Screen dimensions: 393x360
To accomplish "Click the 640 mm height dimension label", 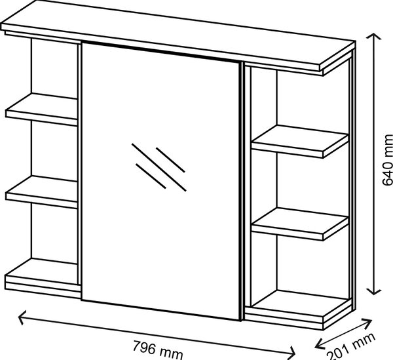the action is coord(388,160).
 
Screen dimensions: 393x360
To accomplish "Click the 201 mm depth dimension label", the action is coord(351,348).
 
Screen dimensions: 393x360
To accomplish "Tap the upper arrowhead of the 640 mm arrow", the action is coord(374,36).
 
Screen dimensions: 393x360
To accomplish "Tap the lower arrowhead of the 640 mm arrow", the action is coord(374,291).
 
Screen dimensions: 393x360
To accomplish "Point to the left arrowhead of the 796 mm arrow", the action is coord(22,317).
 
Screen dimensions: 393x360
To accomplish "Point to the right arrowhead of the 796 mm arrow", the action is coord(291,353).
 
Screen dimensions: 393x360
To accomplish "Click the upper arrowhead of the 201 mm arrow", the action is coord(368,323).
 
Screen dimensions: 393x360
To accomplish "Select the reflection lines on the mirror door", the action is coord(159,167).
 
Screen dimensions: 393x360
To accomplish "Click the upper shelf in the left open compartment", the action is coord(41,109).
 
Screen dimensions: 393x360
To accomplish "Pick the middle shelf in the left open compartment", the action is coord(41,191).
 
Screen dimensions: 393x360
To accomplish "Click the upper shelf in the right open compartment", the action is coord(300,141).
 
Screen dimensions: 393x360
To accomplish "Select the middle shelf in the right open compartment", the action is coord(300,224).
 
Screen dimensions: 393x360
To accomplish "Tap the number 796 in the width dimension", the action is coord(144,347).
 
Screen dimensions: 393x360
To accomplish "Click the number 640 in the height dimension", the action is coord(388,171).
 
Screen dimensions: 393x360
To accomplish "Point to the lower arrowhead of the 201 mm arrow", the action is coord(319,344).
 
